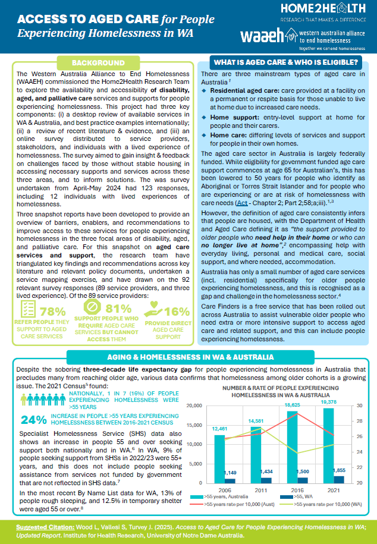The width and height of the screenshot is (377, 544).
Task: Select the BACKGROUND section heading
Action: [98, 62]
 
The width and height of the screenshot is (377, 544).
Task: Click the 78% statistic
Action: [52, 312]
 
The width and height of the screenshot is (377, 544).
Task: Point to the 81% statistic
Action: [118, 308]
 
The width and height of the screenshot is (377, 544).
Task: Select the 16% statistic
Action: [176, 312]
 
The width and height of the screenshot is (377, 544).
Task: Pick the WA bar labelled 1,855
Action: [338, 479]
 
